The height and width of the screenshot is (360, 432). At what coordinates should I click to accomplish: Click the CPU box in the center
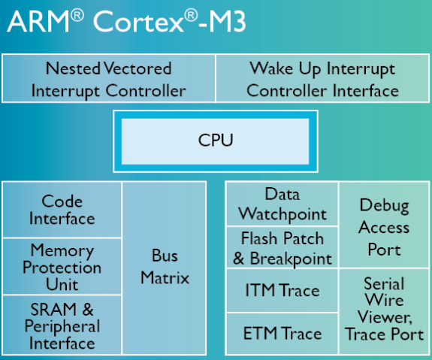(216, 141)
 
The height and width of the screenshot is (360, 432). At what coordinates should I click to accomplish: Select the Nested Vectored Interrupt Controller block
(108, 79)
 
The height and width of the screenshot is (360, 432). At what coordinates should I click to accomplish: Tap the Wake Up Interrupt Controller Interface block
(322, 79)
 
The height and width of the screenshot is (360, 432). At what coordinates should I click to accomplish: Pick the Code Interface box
(62, 210)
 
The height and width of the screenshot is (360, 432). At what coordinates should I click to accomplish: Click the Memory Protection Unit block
(62, 266)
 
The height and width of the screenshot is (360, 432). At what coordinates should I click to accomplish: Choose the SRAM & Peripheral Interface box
(62, 325)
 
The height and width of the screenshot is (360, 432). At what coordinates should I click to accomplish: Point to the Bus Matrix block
(165, 268)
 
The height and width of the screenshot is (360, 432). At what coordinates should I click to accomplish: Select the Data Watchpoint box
(282, 204)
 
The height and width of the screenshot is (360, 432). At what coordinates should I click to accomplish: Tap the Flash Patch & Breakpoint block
(282, 247)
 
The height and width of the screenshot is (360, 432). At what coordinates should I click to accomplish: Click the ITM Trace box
(282, 291)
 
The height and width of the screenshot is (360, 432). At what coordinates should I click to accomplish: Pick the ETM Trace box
(282, 334)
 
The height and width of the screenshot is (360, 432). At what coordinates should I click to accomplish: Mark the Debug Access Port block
(384, 225)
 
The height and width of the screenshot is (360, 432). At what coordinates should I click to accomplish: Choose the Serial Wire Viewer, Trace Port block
(384, 311)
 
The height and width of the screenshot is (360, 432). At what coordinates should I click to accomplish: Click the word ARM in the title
(38, 22)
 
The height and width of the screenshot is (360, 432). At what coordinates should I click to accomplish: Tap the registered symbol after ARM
(77, 16)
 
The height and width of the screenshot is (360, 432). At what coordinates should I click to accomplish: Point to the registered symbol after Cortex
(191, 16)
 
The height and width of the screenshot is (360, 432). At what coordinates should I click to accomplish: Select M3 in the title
(227, 22)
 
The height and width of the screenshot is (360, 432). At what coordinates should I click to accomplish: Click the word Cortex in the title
(138, 22)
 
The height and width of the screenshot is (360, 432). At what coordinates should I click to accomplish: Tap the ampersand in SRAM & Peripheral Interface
(88, 310)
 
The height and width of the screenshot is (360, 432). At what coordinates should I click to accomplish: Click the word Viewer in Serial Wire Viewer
(385, 318)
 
